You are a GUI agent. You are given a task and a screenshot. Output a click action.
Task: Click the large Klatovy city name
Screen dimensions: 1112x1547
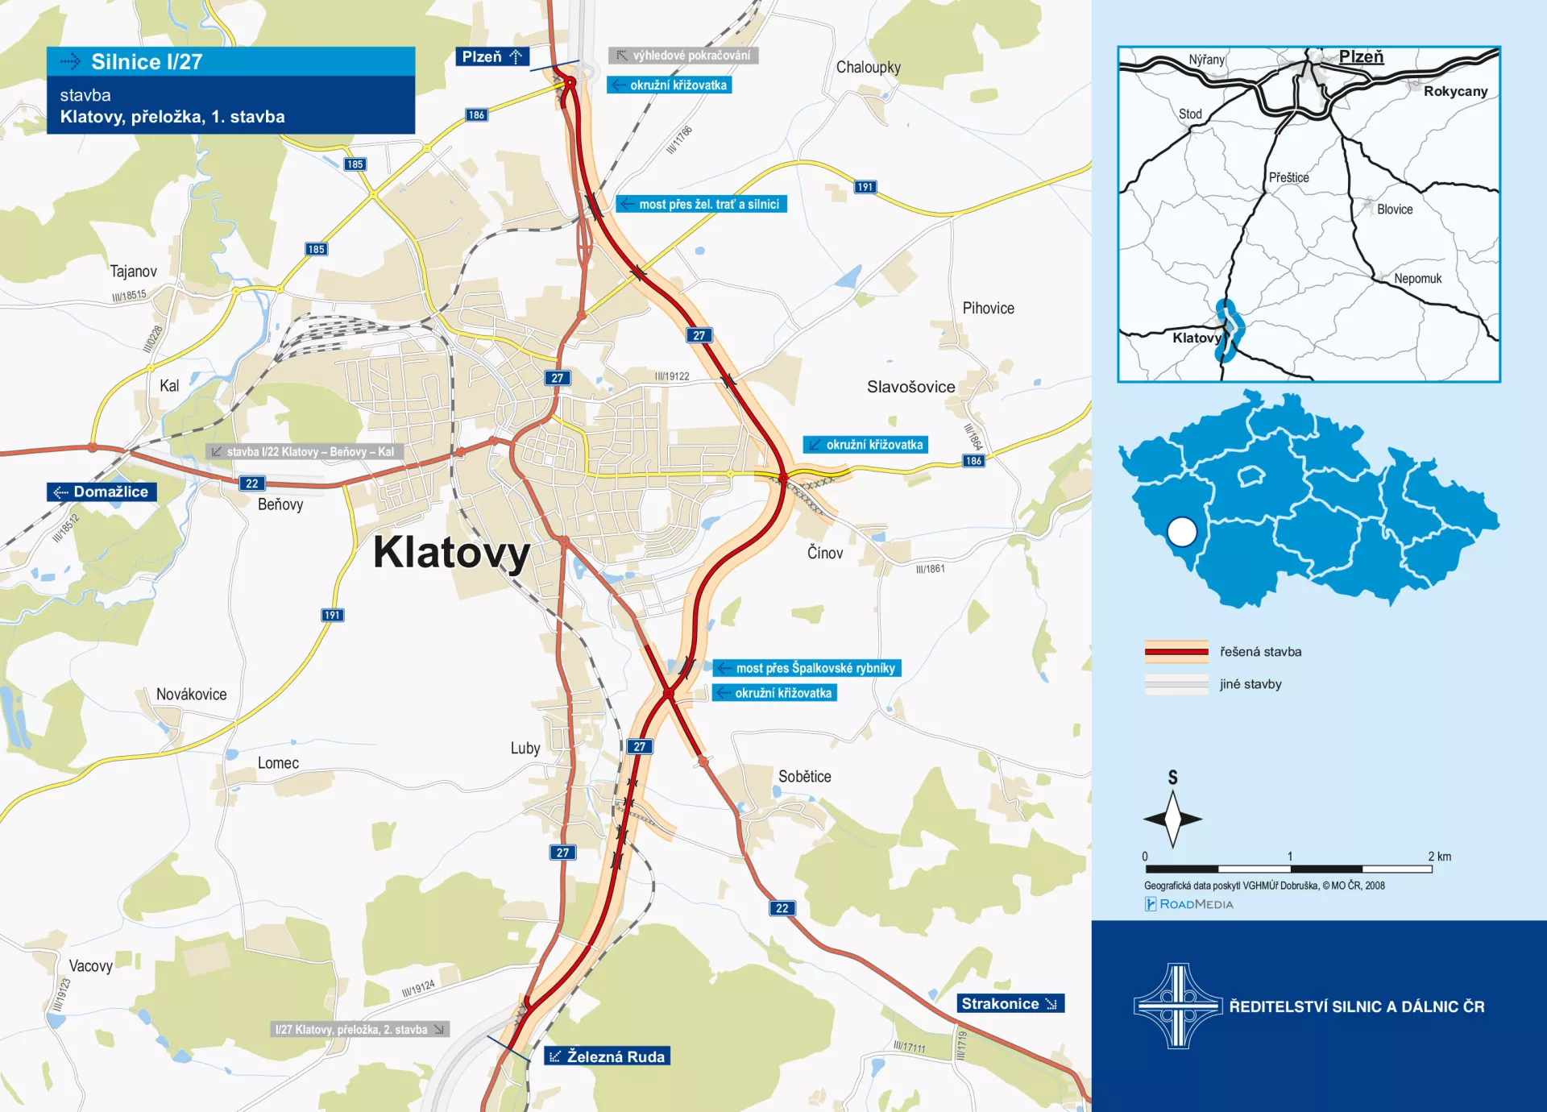click(x=451, y=553)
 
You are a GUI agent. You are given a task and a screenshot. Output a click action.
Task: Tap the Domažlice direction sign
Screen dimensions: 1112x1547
click(x=102, y=492)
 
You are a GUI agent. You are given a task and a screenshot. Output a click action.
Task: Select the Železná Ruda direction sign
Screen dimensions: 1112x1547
click(x=608, y=1056)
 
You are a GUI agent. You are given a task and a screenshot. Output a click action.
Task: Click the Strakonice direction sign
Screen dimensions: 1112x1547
click(x=1010, y=1003)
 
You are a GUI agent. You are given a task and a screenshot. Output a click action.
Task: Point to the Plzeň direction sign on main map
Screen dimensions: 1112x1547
click(x=491, y=56)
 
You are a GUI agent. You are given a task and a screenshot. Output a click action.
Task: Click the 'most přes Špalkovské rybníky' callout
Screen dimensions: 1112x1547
click(x=807, y=668)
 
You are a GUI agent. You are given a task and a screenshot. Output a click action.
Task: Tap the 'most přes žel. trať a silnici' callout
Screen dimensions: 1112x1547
click(x=701, y=204)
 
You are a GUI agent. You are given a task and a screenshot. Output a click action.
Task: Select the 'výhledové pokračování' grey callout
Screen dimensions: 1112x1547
click(x=683, y=56)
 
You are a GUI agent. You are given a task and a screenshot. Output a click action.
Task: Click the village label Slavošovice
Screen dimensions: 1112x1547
click(x=910, y=387)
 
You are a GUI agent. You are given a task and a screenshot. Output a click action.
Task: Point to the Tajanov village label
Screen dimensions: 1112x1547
click(x=134, y=272)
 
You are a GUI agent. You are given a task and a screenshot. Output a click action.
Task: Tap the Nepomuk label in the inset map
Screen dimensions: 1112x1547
click(x=1417, y=279)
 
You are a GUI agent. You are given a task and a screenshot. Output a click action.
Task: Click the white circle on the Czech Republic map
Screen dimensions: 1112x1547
click(x=1182, y=532)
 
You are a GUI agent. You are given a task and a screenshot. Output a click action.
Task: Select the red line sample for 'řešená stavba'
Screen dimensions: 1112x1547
click(x=1176, y=651)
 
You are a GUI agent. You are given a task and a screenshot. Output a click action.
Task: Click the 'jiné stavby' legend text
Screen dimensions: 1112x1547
click(x=1250, y=684)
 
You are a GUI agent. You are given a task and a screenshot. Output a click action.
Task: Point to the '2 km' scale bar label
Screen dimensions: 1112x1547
click(x=1439, y=857)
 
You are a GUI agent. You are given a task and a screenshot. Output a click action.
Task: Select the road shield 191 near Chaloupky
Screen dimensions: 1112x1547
click(x=865, y=187)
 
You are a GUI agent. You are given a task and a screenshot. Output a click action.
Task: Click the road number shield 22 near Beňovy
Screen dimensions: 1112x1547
click(x=252, y=483)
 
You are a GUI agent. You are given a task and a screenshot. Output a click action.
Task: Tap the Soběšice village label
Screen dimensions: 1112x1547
click(x=804, y=776)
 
